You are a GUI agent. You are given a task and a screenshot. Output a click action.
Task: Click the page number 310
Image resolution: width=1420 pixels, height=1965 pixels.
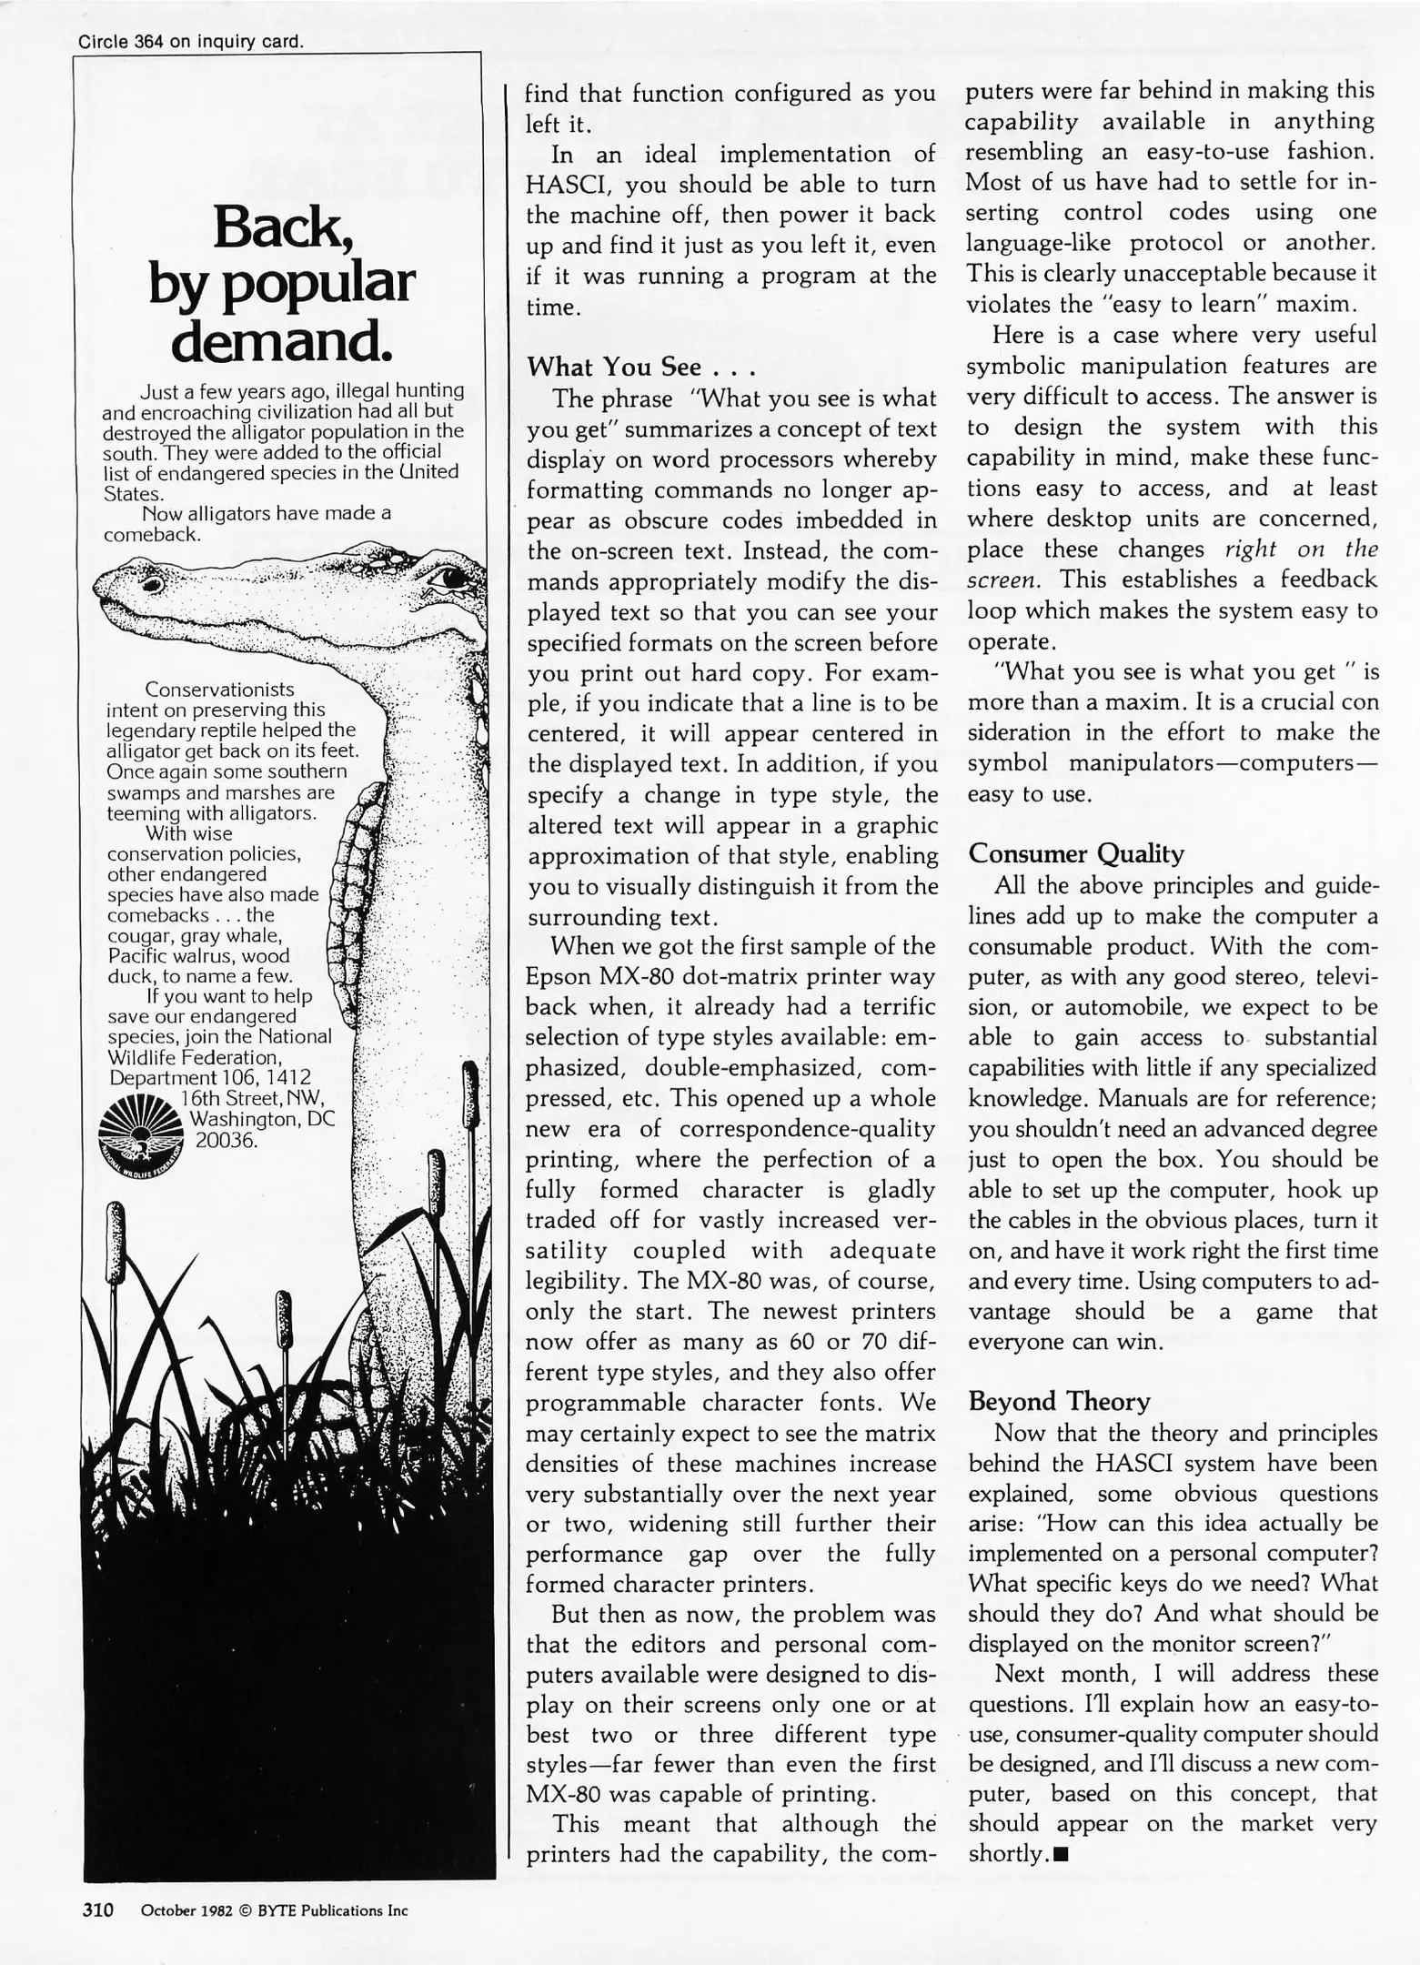pos(97,1910)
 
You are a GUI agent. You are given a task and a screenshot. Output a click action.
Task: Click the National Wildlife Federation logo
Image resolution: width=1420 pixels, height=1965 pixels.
pos(140,1134)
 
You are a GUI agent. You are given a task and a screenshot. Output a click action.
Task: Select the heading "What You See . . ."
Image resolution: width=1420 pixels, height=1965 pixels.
pos(641,367)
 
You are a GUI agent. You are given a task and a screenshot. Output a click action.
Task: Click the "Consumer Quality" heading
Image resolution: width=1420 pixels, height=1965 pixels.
pos(1075,853)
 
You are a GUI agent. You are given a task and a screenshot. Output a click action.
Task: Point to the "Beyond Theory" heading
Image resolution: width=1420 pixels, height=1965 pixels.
pos(1059,1400)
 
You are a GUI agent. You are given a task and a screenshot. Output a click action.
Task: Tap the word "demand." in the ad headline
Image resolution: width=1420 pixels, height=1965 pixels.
pos(282,341)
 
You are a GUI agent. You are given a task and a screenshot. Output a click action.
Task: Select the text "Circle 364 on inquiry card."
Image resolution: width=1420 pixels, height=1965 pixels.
pos(190,42)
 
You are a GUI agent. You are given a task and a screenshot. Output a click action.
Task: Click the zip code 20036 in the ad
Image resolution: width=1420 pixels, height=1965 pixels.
pos(227,1139)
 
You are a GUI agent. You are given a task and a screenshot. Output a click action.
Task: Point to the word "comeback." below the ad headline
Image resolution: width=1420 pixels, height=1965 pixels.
pos(152,535)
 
